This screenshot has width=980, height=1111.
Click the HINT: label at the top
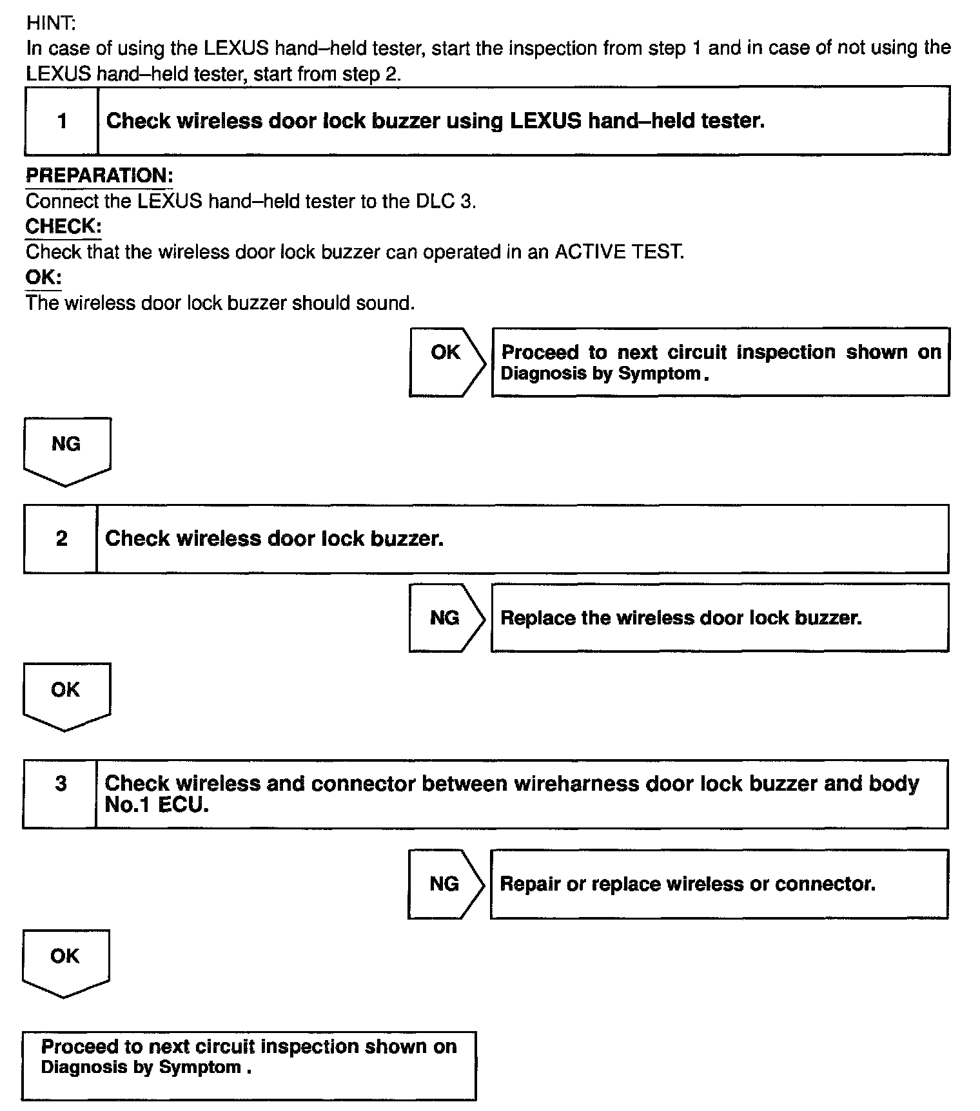pyautogui.click(x=51, y=23)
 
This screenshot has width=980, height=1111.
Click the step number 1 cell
pyautogui.click(x=62, y=121)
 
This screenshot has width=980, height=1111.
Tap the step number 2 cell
pyautogui.click(x=61, y=539)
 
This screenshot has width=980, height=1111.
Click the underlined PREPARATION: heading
pyautogui.click(x=99, y=176)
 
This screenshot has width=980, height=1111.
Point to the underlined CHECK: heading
pyautogui.click(x=63, y=227)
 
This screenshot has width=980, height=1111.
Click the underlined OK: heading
pyautogui.click(x=44, y=278)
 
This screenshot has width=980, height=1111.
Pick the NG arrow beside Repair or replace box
pyautogui.click(x=445, y=884)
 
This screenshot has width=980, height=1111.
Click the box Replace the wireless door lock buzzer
pyautogui.click(x=720, y=618)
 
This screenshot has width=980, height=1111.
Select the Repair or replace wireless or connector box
pyautogui.click(x=719, y=884)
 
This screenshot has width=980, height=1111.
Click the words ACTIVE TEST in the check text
pyautogui.click(x=619, y=252)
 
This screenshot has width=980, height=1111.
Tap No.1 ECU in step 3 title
pyautogui.click(x=157, y=806)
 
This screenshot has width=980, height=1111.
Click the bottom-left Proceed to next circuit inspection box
pyautogui.click(x=249, y=1065)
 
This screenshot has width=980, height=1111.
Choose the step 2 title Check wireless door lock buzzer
pyautogui.click(x=274, y=539)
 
